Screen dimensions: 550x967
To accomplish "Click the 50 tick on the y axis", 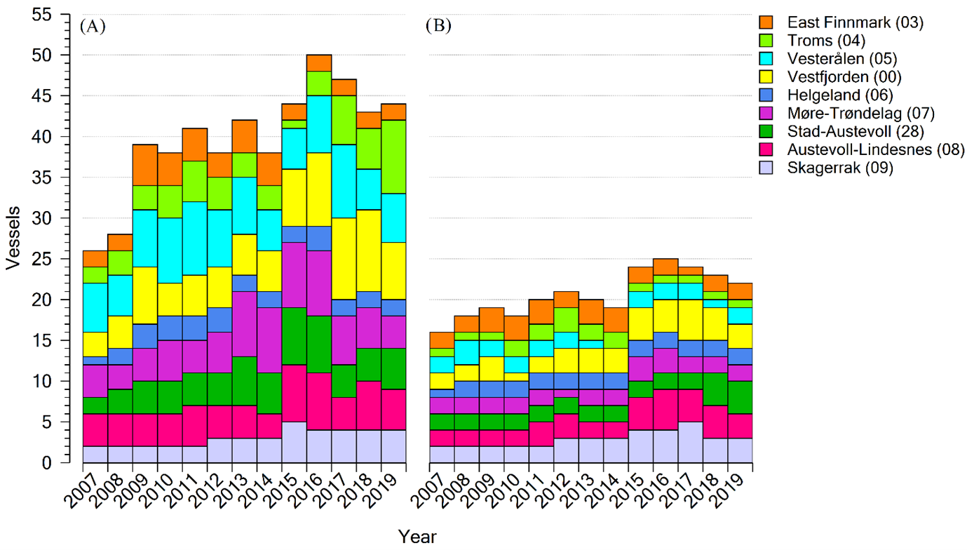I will point(48,55).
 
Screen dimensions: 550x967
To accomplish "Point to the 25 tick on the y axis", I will point(48,259).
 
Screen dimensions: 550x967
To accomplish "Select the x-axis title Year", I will point(417,537).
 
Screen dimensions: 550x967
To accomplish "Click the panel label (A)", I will point(93,27).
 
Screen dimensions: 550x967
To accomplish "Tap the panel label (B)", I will point(439,27).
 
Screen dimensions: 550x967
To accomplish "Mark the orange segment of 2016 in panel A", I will point(319,62).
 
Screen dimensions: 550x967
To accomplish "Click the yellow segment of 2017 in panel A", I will point(344,258).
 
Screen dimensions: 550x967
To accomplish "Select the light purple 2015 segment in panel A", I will point(294,442).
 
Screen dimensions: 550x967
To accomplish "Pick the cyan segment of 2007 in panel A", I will point(95,307).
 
